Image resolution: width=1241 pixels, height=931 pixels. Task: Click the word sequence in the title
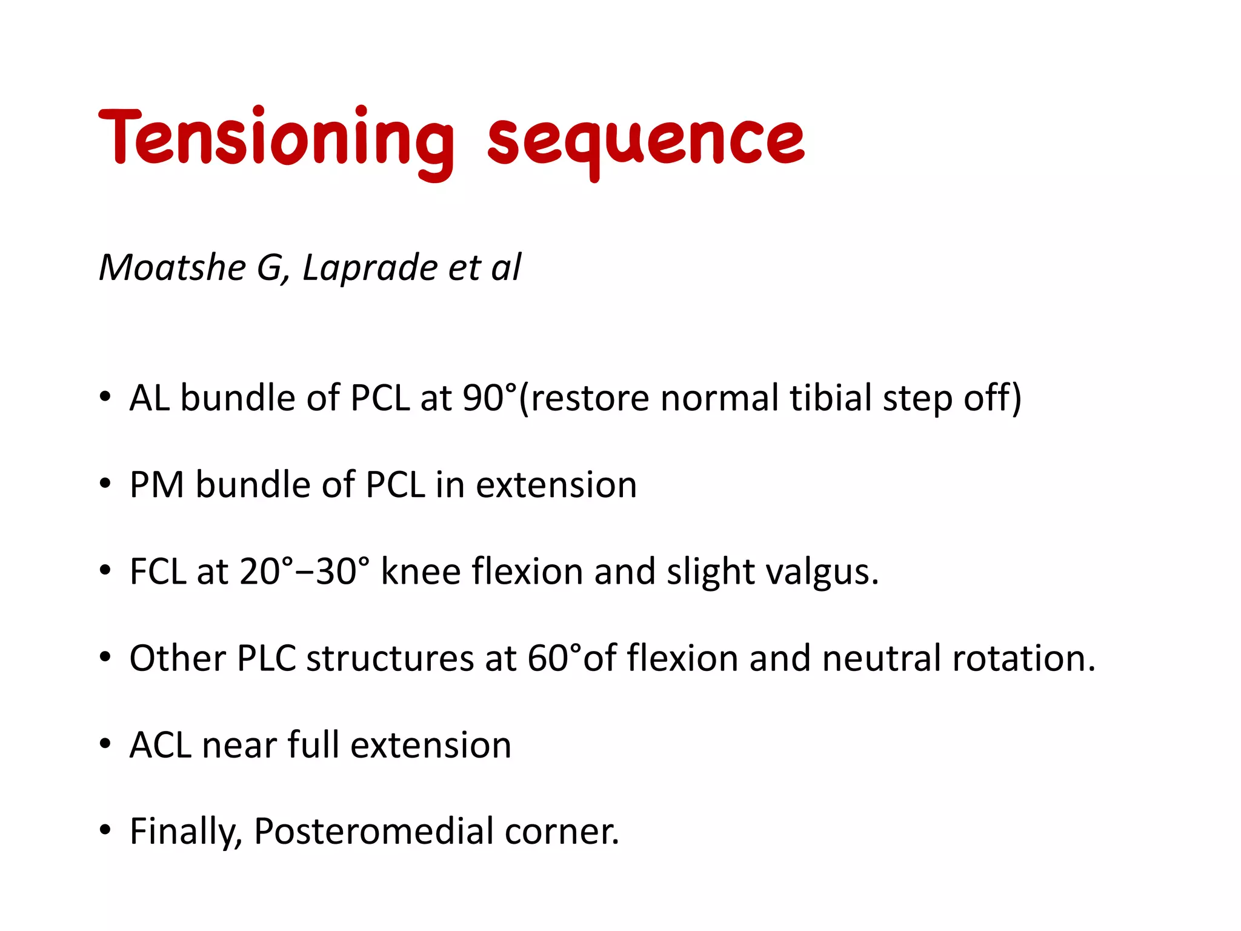646,141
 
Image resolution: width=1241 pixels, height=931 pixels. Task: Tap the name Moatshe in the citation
173,267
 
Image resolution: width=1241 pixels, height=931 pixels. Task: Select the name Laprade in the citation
370,267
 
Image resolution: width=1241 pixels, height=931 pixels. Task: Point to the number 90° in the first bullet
490,398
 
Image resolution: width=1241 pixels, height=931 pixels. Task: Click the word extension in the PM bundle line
556,485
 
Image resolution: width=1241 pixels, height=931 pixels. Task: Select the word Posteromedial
373,831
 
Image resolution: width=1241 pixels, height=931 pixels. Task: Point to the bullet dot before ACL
105,744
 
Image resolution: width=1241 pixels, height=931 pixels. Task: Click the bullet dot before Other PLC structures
105,657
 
